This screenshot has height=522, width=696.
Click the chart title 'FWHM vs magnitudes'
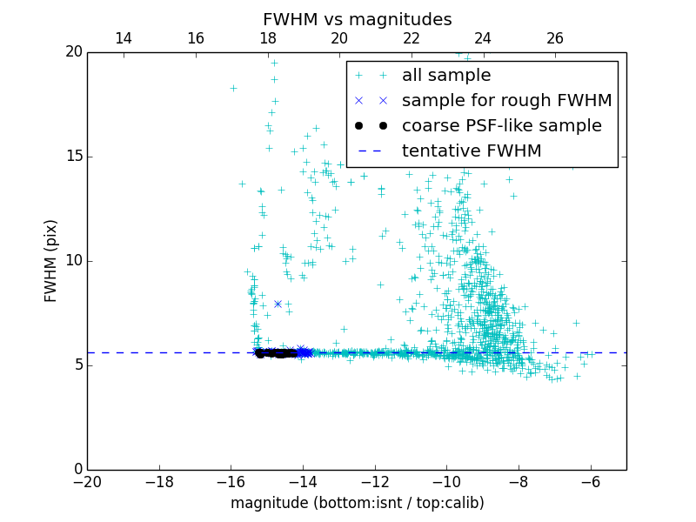(x=357, y=19)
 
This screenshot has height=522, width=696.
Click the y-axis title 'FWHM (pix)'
(x=51, y=261)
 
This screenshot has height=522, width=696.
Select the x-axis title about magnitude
(x=357, y=503)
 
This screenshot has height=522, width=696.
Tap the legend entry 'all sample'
(x=446, y=76)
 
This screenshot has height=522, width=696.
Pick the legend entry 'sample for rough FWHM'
(x=506, y=101)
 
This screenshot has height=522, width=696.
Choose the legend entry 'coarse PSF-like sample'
(x=501, y=126)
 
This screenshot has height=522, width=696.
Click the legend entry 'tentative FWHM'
(x=472, y=151)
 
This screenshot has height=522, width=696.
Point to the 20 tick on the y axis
(x=72, y=52)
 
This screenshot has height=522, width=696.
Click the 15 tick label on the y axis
(x=72, y=157)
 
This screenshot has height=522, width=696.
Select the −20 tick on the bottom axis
(x=87, y=482)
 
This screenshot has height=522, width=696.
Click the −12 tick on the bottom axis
(x=375, y=482)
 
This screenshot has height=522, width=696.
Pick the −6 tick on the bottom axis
(x=591, y=482)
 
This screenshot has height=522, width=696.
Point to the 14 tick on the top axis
(x=124, y=38)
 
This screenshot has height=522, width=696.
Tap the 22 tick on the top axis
(x=412, y=38)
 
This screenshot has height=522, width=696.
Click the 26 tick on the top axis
(x=555, y=38)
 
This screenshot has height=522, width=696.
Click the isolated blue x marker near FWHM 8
(x=278, y=304)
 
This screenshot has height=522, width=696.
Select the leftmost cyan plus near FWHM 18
(x=233, y=88)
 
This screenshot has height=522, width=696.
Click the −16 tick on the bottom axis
(x=231, y=482)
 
